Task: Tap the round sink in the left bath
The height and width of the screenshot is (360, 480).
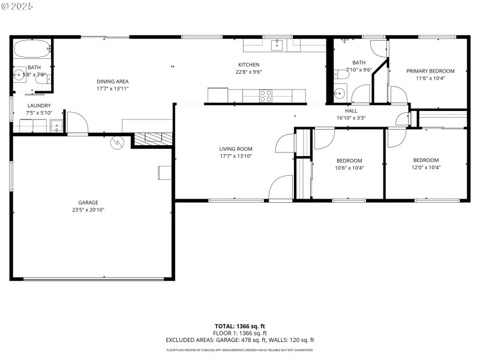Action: point(19,76)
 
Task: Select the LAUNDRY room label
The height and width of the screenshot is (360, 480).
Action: point(38,106)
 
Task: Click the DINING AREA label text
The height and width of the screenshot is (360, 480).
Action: point(112,82)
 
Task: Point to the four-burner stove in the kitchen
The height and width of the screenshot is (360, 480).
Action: point(265,95)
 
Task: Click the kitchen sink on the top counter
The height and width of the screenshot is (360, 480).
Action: point(277,45)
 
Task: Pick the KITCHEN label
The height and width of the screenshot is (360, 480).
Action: point(248,65)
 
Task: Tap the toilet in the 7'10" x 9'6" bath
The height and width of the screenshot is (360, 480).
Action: point(341,74)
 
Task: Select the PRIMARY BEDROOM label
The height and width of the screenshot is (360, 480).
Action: point(430,71)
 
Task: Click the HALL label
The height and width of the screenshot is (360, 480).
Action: point(351,111)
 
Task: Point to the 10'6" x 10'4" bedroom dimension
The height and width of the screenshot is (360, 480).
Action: point(349,168)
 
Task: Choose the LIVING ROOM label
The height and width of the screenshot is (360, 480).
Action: point(235,149)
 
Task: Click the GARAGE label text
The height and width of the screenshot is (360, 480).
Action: point(88,203)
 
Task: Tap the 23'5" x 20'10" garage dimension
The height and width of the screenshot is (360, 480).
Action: point(88,210)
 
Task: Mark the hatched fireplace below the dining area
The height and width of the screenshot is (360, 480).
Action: point(150,139)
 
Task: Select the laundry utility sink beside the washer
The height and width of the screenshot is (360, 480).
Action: point(56,126)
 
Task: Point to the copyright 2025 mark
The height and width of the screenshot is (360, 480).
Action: point(17,5)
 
